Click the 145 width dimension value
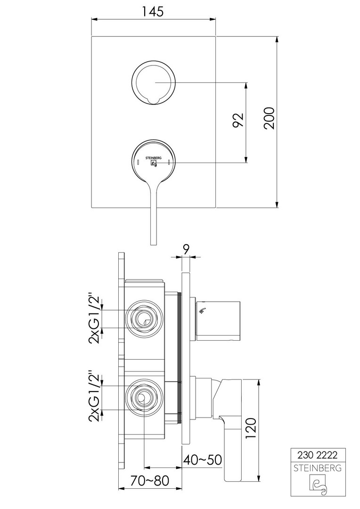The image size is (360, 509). (x=153, y=12)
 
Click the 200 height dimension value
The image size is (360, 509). (x=269, y=118)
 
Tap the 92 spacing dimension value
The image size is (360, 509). (x=238, y=120)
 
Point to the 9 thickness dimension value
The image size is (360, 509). (x=186, y=249)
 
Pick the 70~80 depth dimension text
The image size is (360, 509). (x=150, y=480)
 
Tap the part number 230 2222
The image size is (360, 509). (x=317, y=455)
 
